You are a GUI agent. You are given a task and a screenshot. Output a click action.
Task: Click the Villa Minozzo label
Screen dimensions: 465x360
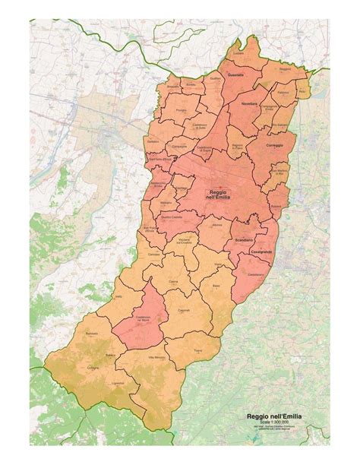click(x=156, y=357)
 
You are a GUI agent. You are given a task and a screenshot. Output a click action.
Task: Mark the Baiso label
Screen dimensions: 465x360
click(x=216, y=286)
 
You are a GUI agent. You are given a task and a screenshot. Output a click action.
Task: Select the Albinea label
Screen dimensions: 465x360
click(x=216, y=225)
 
